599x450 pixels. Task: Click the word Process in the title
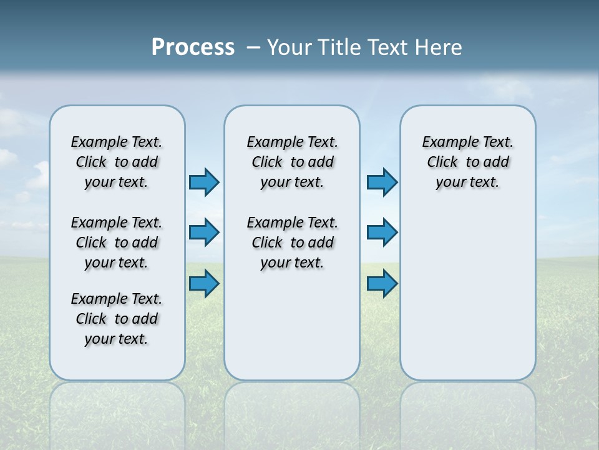click(x=193, y=47)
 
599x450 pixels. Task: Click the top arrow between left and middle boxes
click(x=203, y=182)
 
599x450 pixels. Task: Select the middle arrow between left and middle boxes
click(x=203, y=232)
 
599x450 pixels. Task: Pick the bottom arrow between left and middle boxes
click(x=203, y=284)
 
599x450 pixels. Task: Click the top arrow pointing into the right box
click(x=382, y=182)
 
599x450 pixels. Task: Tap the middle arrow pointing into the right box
click(x=382, y=232)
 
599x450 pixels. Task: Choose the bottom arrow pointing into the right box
click(x=382, y=284)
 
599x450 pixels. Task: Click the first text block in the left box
click(x=117, y=162)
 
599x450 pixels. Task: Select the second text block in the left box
click(x=117, y=242)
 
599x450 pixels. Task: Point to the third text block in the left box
click(x=117, y=319)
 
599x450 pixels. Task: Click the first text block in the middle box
click(x=292, y=162)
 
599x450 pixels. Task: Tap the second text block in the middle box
click(x=292, y=242)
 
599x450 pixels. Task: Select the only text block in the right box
click(x=467, y=162)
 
